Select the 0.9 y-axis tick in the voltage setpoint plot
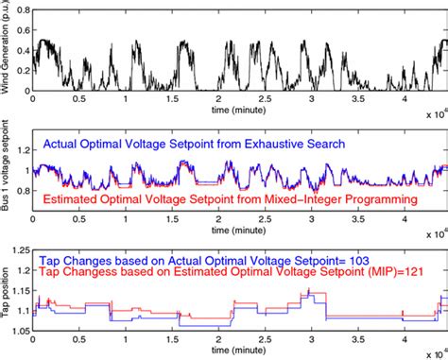click(23, 195)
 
